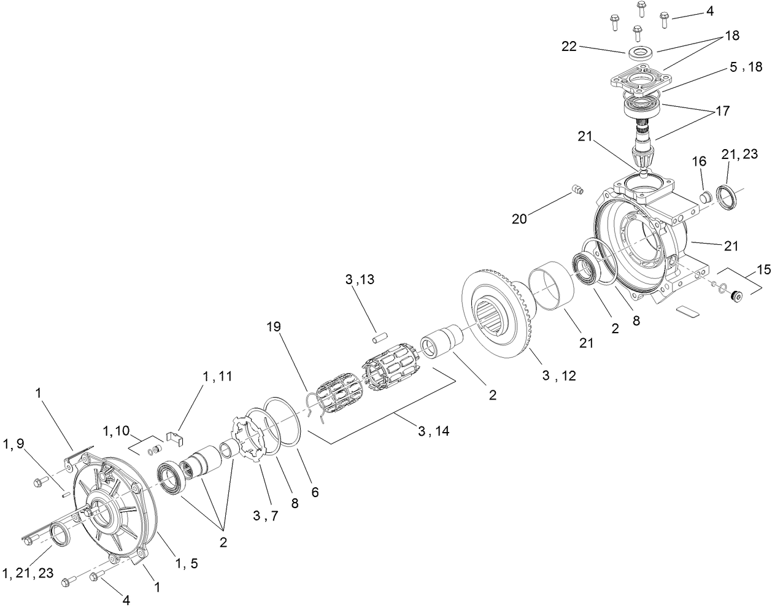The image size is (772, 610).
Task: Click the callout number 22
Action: click(569, 46)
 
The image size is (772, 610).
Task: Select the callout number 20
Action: click(520, 218)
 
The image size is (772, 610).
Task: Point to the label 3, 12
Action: click(558, 376)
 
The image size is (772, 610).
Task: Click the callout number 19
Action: click(274, 326)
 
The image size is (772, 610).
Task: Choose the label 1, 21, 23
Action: click(28, 573)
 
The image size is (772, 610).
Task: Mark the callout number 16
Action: click(699, 161)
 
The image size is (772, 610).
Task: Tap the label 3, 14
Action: click(433, 431)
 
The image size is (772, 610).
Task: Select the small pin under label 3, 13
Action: click(379, 338)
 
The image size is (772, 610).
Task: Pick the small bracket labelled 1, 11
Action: click(176, 438)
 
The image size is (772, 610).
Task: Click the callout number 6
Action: click(315, 492)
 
